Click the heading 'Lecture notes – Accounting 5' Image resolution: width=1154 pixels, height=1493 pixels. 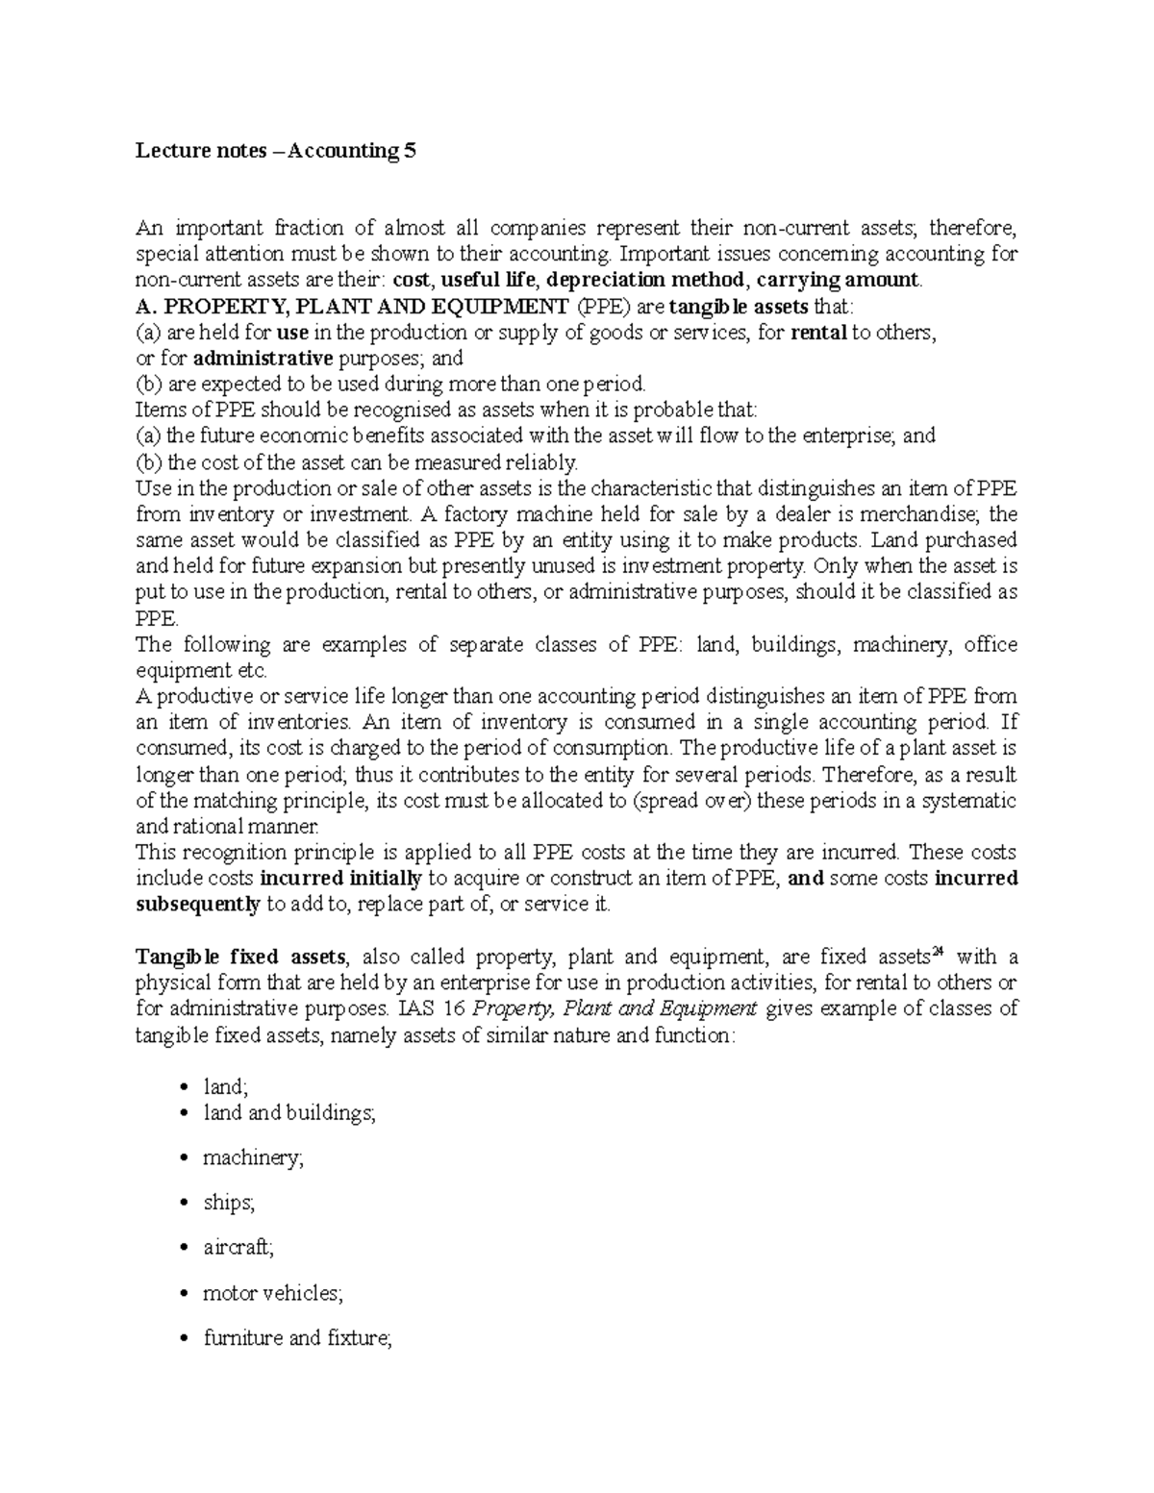277,151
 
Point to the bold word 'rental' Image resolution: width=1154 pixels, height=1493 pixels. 817,333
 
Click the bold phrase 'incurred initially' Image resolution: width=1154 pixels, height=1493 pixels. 341,878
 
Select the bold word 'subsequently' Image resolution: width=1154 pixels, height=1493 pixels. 198,904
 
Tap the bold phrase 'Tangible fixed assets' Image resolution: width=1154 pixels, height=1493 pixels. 240,957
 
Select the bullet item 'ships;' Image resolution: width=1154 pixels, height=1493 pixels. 229,1203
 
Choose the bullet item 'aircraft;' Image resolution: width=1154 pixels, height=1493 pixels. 238,1248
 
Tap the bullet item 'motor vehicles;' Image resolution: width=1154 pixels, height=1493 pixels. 272,1293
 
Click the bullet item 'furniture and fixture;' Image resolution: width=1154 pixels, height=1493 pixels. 297,1338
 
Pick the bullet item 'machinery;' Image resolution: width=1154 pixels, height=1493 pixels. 253,1158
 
